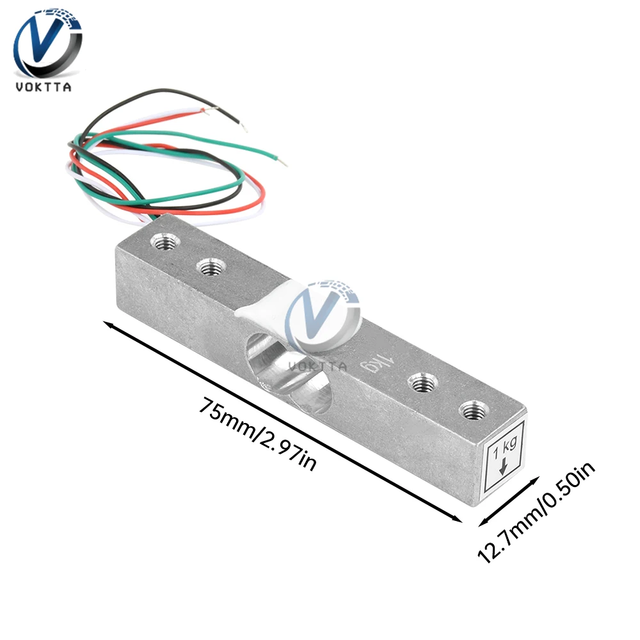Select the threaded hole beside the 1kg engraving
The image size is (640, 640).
(421, 383)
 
